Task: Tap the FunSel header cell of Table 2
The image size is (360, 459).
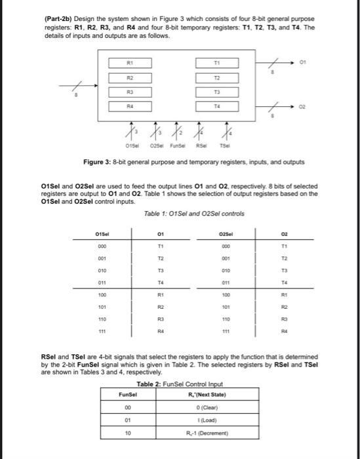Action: coord(128,395)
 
